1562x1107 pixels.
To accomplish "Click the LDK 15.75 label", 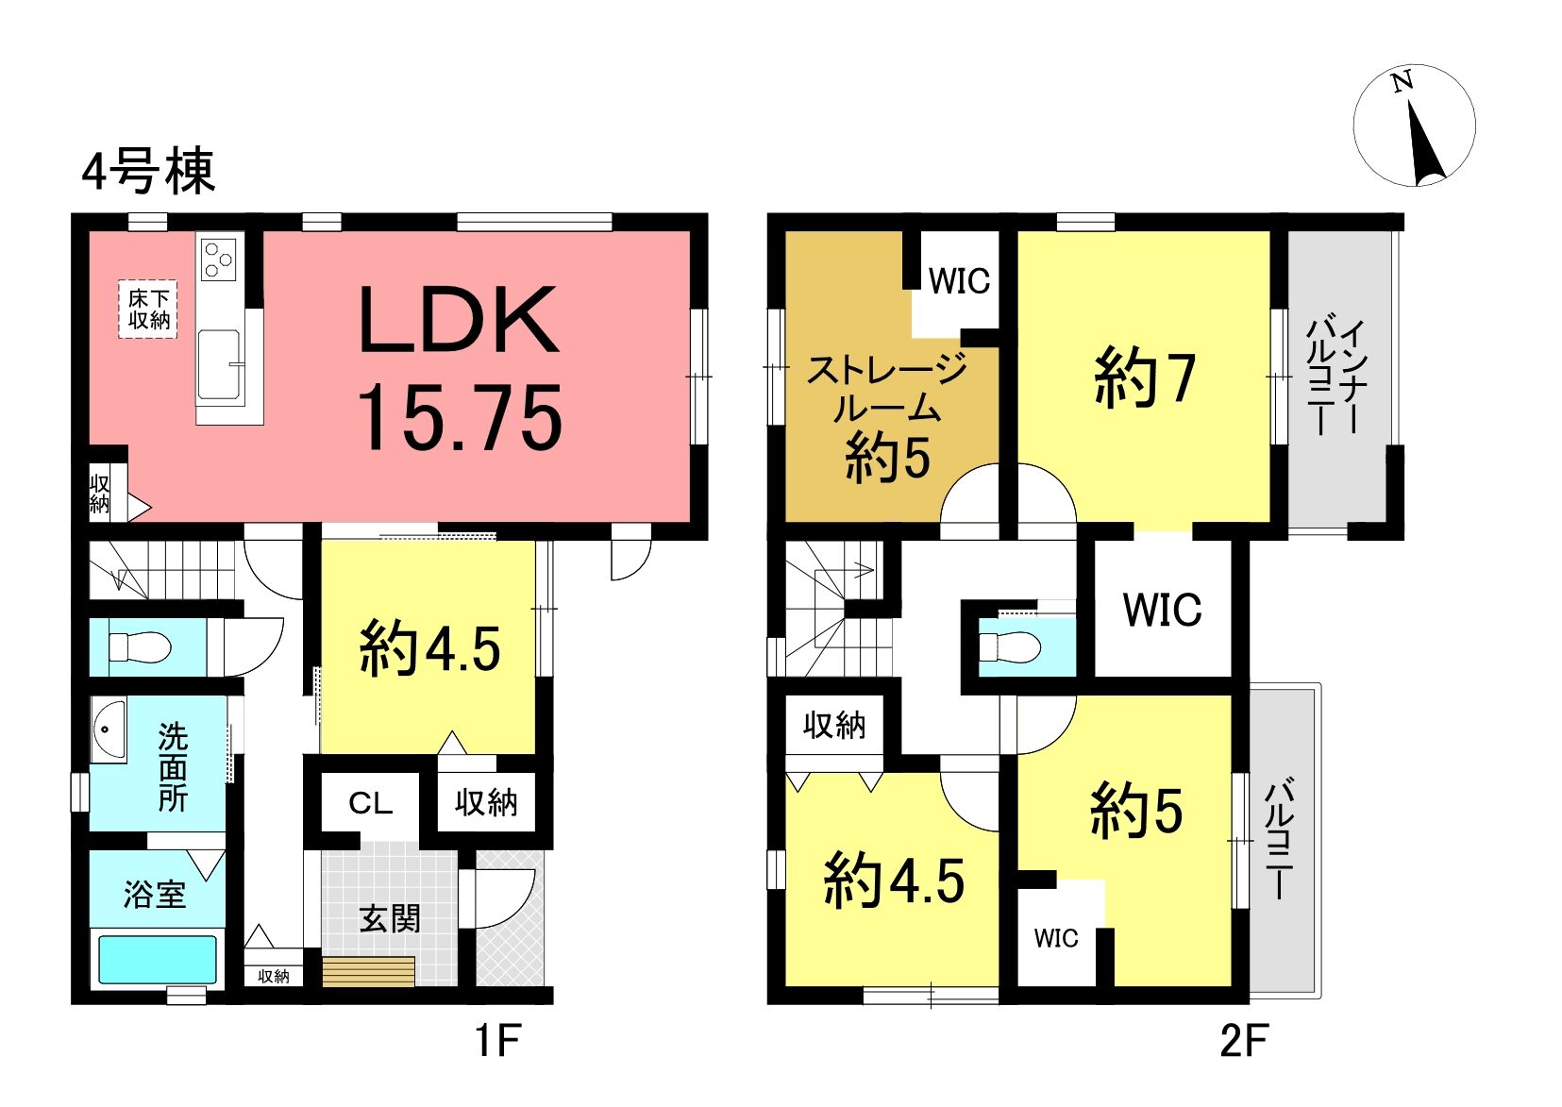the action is click(x=459, y=367).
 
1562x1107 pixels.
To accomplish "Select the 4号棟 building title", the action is click(x=148, y=171).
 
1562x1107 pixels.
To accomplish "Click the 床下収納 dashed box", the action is click(x=148, y=310).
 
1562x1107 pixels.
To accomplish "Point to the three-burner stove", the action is click(x=219, y=259).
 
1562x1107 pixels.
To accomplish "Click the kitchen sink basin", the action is click(x=219, y=365).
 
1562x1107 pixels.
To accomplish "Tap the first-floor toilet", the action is click(x=140, y=647).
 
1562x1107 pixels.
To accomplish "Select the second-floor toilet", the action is click(x=1010, y=647).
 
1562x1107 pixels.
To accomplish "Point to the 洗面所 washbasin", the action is click(x=109, y=730).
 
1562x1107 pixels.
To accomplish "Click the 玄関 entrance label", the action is click(x=389, y=918).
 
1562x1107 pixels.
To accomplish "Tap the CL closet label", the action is click(x=370, y=803).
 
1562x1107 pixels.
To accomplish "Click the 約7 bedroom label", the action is click(x=1144, y=377).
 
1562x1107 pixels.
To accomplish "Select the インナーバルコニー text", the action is click(x=1335, y=377).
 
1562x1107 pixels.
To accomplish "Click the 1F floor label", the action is click(x=498, y=1041).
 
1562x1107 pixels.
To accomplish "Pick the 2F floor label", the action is click(x=1245, y=1041).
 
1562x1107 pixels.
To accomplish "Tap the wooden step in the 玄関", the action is click(x=369, y=971).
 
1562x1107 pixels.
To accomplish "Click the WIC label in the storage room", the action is click(x=960, y=281).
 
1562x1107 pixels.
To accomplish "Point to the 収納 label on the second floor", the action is click(x=834, y=726).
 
